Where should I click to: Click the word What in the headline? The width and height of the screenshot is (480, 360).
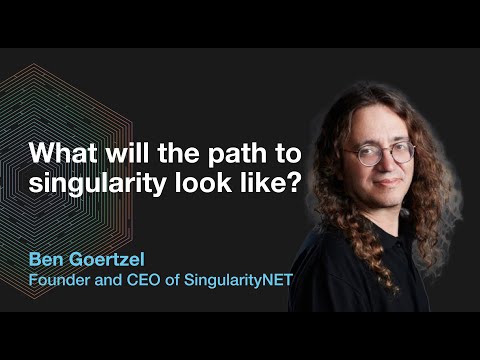63,153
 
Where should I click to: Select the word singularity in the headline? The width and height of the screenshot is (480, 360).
97,184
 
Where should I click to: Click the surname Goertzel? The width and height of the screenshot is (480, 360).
105,259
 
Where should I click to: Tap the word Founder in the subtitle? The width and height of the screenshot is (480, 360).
59,280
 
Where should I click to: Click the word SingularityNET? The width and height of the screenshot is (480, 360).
238,281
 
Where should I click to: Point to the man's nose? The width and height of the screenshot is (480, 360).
389,163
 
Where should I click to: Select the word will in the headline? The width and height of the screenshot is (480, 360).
127,153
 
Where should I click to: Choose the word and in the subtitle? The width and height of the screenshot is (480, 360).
108,280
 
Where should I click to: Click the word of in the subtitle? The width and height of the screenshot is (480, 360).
172,280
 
